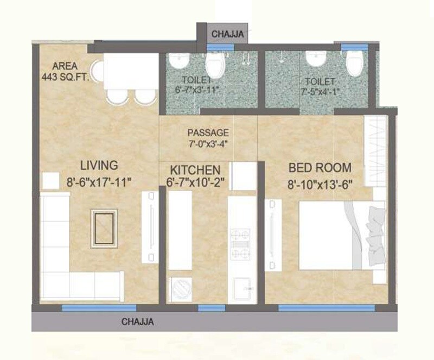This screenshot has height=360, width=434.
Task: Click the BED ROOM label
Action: (320, 167)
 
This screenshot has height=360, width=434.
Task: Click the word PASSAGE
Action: (208, 132)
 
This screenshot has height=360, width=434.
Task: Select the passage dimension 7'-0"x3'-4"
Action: (208, 144)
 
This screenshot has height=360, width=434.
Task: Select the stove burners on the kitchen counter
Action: (240, 244)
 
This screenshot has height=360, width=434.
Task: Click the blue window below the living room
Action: (83, 308)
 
